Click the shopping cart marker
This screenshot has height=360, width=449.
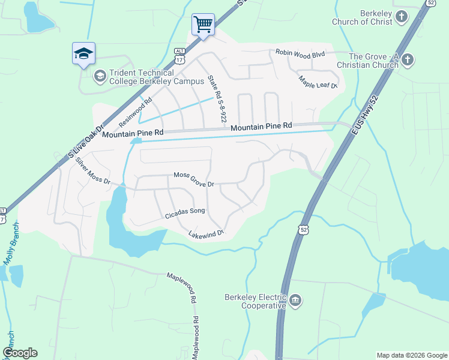click(203, 25)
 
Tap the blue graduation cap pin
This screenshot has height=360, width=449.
click(83, 53)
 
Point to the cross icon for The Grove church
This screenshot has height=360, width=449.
click(408, 59)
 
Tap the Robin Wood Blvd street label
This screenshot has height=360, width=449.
click(300, 54)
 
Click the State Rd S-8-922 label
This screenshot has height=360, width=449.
click(216, 98)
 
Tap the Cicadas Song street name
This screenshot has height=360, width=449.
click(185, 211)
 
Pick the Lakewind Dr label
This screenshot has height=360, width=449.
click(206, 233)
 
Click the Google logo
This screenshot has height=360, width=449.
click(20, 353)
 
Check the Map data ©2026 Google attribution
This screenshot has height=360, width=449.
click(411, 355)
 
